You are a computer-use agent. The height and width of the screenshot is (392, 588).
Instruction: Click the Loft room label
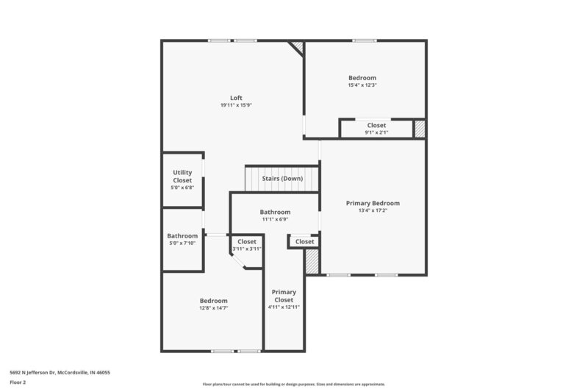(236, 98)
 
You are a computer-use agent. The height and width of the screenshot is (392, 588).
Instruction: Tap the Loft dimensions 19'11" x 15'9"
(236, 105)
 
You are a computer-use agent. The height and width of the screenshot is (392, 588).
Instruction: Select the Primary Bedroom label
(373, 203)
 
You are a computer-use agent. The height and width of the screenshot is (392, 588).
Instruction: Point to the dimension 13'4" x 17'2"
(373, 210)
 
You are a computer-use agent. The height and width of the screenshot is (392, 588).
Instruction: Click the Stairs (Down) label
(282, 179)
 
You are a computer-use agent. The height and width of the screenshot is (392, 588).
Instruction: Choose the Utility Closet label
(182, 177)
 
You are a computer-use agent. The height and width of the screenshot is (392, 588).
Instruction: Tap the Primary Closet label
(284, 296)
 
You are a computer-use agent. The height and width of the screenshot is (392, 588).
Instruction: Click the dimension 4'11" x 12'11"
(284, 307)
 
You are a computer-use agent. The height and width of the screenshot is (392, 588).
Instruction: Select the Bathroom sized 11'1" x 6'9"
(275, 212)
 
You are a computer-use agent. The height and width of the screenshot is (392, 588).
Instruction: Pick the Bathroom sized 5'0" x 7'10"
(182, 236)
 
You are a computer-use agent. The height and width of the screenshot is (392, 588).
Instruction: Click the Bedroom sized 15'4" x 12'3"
(362, 78)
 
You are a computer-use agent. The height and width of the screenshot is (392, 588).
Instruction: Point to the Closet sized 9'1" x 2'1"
(376, 126)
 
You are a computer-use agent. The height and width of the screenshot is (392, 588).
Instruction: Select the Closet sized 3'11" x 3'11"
(247, 241)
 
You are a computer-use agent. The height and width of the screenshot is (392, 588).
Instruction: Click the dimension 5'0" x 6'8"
(182, 188)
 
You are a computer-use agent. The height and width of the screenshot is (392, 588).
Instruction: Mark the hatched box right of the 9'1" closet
(419, 129)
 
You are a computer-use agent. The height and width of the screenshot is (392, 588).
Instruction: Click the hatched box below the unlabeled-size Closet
(312, 262)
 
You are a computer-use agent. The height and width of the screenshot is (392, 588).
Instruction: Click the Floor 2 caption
(18, 382)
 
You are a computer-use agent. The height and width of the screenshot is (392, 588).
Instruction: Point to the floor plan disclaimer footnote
(293, 384)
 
